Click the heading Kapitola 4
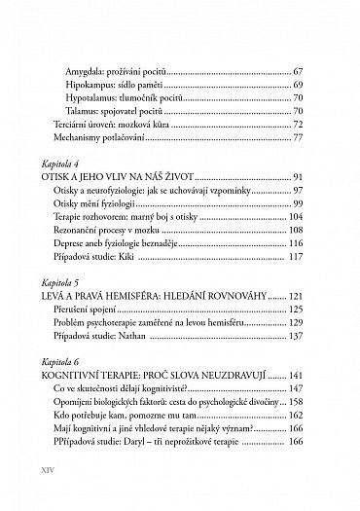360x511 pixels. [x=62, y=165]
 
